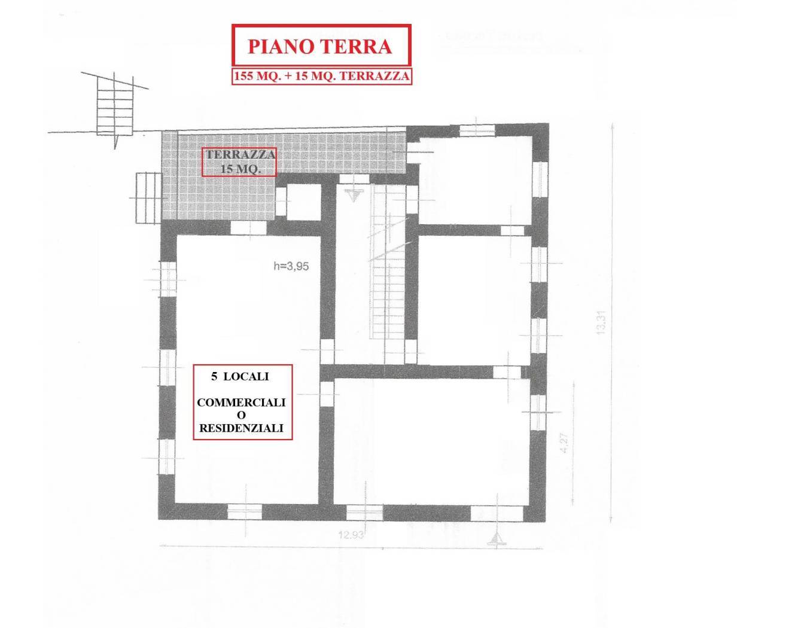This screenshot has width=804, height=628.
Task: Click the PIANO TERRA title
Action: [321, 46]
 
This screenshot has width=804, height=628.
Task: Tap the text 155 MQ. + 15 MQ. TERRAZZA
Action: [322, 76]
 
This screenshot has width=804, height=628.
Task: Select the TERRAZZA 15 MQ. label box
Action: [239, 161]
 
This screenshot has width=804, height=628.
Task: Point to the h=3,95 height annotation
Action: [291, 267]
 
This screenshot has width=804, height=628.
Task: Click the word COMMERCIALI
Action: [241, 403]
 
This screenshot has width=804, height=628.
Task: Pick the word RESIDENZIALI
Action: [241, 428]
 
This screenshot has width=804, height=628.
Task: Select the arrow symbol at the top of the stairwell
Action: [354, 194]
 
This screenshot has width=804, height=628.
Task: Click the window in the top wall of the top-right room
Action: [477, 130]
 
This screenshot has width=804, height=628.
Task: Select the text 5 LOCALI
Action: [239, 377]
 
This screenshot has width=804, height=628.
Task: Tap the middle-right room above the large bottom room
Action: [474, 293]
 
